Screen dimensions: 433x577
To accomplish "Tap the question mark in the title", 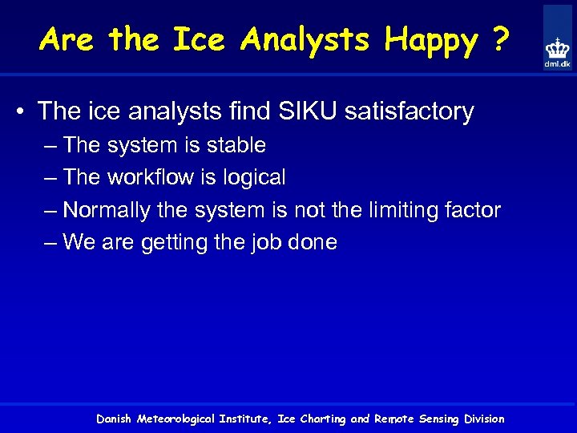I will [499, 39].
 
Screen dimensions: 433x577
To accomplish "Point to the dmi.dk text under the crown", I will [557, 64].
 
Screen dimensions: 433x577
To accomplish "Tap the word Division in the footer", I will [484, 419].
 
